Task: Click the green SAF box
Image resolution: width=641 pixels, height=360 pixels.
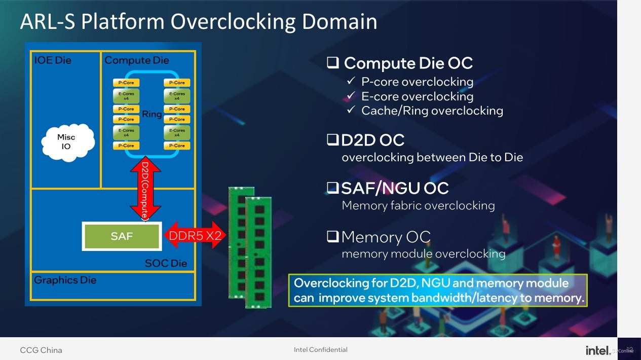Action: [x=122, y=236]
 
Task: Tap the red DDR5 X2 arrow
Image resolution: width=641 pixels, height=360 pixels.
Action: [x=194, y=235]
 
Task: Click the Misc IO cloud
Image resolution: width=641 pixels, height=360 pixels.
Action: [x=66, y=141]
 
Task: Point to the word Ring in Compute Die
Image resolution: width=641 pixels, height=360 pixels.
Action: [x=152, y=115]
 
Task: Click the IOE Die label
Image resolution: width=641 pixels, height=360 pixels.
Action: [x=53, y=60]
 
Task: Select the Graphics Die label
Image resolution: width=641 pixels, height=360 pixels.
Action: [x=65, y=280]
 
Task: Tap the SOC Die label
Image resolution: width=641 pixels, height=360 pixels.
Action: [x=166, y=263]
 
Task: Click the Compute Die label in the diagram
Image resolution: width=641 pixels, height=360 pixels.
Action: [x=137, y=60]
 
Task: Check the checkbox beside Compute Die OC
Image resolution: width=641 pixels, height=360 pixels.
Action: [x=333, y=63]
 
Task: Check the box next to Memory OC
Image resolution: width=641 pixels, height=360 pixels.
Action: [x=333, y=236]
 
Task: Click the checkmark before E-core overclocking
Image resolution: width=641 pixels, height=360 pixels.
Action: [x=351, y=96]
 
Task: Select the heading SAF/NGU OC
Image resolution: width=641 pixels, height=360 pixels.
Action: [x=395, y=189]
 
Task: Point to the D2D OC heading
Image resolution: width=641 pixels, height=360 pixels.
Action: [x=373, y=140]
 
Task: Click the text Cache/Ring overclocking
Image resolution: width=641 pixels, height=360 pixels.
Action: [x=432, y=111]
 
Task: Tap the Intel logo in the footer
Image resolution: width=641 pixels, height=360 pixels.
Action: [x=597, y=350]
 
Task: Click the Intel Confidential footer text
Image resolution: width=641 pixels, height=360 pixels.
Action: [x=320, y=350]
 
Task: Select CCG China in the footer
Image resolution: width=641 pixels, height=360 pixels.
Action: [x=41, y=350]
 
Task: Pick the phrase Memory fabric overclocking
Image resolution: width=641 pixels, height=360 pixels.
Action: [x=418, y=205]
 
